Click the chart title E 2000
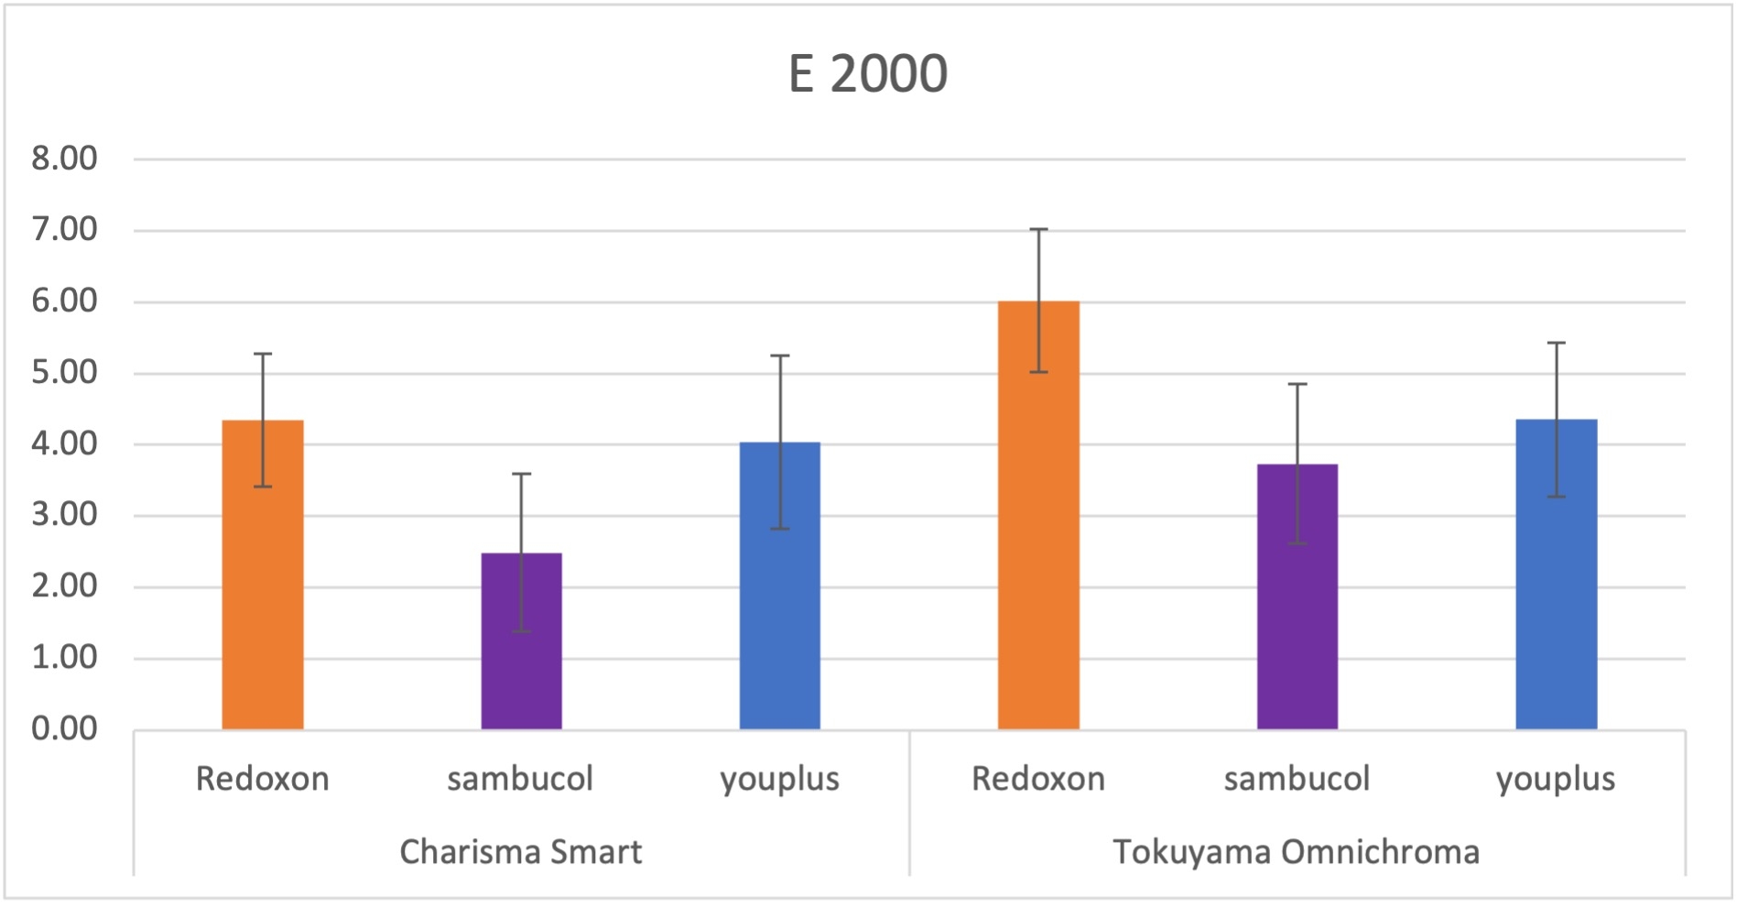click(867, 74)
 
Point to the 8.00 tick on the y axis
click(64, 158)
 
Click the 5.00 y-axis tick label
click(64, 372)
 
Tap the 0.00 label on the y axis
click(64, 728)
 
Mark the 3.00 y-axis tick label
click(64, 515)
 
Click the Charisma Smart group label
click(521, 852)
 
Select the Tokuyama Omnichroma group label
click(1296, 852)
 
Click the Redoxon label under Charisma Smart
click(263, 779)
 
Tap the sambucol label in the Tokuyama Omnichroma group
click(1297, 779)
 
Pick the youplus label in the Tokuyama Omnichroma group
click(1556, 779)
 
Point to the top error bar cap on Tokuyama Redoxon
click(1038, 229)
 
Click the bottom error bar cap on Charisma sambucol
click(521, 631)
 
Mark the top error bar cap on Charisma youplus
click(780, 355)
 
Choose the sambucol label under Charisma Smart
click(520, 779)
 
